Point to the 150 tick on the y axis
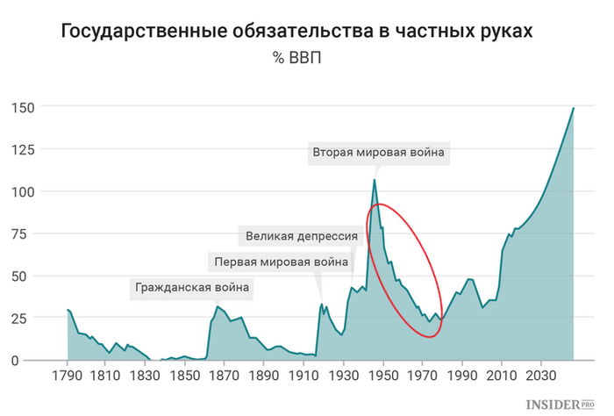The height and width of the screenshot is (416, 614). click(23, 107)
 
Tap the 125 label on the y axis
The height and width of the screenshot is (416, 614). click(23, 149)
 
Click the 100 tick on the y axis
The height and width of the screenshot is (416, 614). click(23, 191)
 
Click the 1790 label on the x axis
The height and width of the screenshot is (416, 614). click(67, 377)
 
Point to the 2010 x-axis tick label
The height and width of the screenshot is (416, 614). click(501, 377)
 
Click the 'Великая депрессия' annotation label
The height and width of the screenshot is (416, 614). click(302, 236)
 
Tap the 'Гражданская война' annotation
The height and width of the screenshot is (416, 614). click(191, 287)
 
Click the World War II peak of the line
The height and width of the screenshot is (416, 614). click(375, 180)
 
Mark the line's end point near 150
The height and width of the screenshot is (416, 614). click(574, 108)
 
